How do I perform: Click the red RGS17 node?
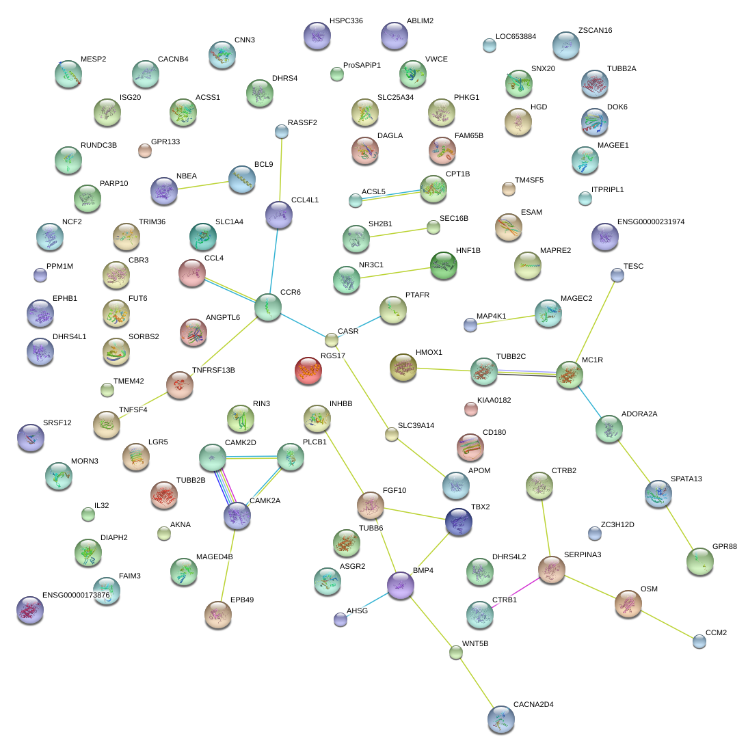coord(308,371)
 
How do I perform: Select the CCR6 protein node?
coord(268,307)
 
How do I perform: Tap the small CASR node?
coord(332,340)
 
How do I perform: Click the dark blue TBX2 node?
coord(459,522)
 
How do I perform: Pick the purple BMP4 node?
coord(400,585)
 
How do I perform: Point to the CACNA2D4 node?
coord(500,719)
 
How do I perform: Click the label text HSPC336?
coord(346,21)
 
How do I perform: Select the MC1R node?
coord(569,375)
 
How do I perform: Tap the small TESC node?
coord(617,275)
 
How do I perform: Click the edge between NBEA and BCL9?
coord(203,185)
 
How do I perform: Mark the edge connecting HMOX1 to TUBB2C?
coord(443,370)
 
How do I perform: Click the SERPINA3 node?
coord(552,570)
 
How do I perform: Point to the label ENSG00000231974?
coord(650,222)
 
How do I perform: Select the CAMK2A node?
coord(237,515)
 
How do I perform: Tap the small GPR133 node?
coord(145,150)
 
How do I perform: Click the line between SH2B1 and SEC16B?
coord(398,232)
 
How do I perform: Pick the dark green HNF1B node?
coord(443,265)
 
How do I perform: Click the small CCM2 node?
coord(699,641)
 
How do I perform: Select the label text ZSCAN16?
coord(595,31)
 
